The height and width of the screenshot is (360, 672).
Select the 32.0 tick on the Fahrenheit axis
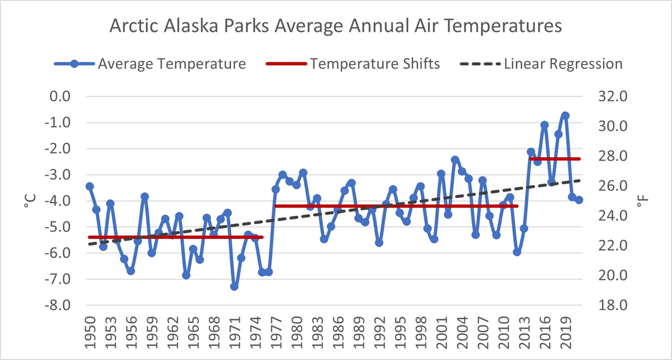pos(613,96)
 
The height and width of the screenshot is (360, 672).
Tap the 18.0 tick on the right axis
pos(613,305)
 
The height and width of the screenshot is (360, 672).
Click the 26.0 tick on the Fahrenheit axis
pos(613,186)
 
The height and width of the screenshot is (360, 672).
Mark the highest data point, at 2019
pos(565,115)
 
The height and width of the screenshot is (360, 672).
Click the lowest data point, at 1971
pos(234,286)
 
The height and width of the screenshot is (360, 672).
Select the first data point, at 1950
pos(89,186)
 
